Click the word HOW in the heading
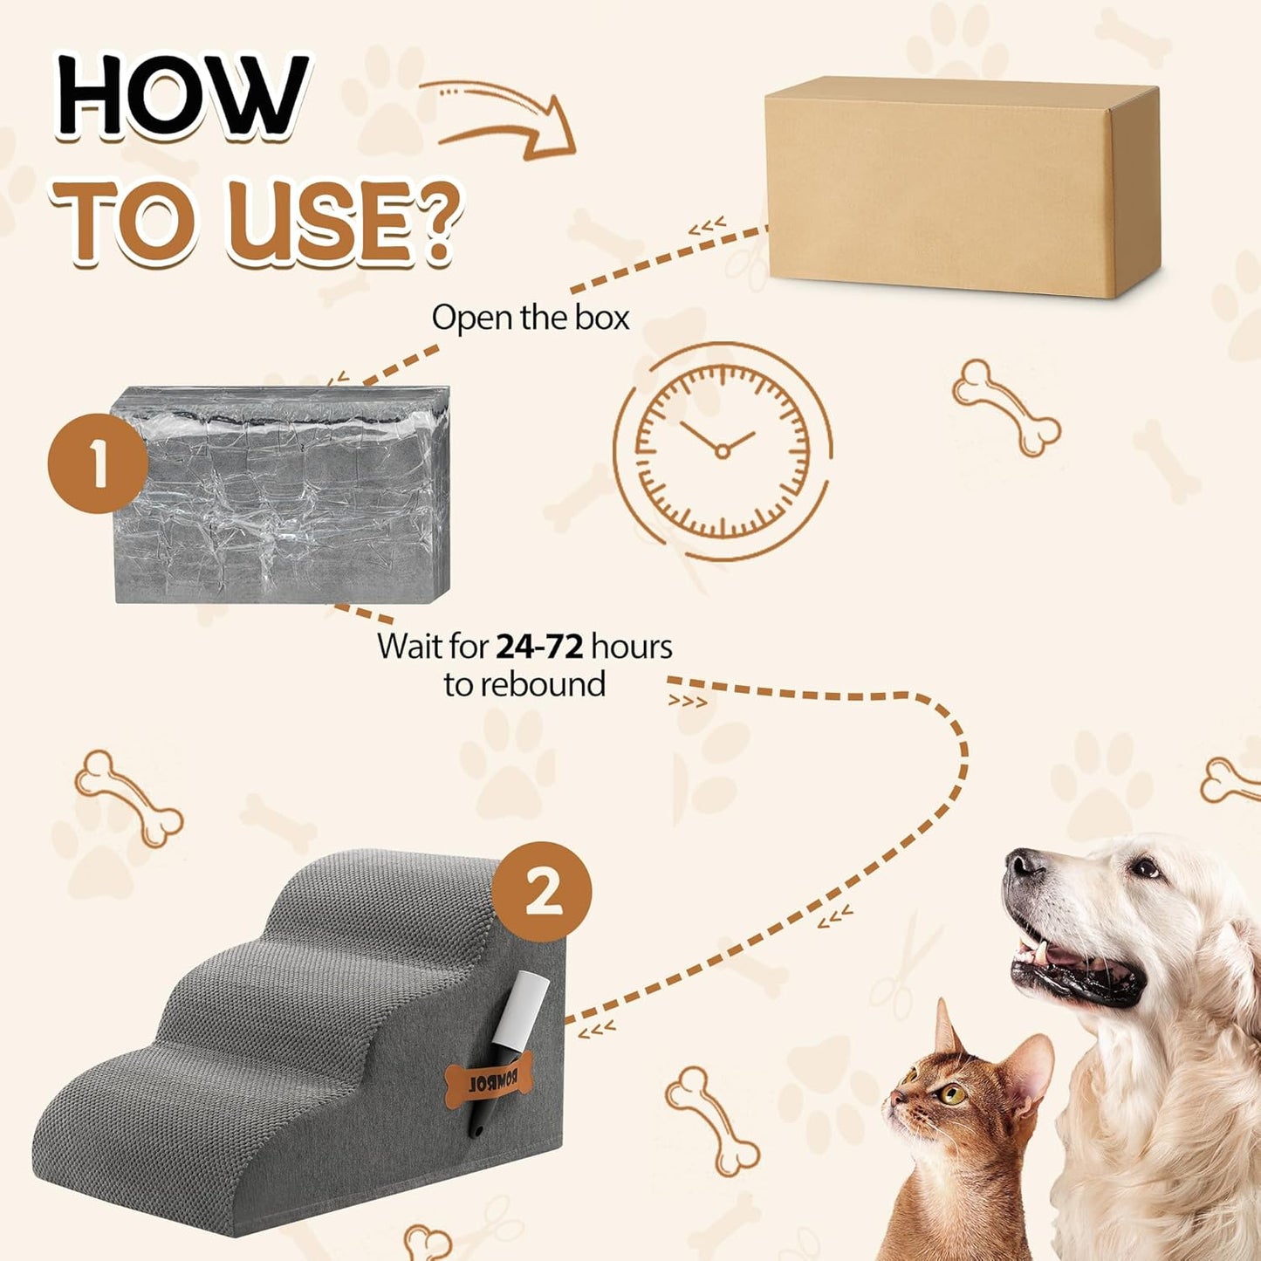(182, 95)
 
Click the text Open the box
(530, 318)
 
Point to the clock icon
(722, 449)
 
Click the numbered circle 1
(98, 463)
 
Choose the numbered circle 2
(542, 891)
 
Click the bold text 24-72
(539, 647)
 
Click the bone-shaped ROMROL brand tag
(489, 1079)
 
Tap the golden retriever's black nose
(1024, 865)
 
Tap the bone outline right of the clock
(1006, 407)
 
